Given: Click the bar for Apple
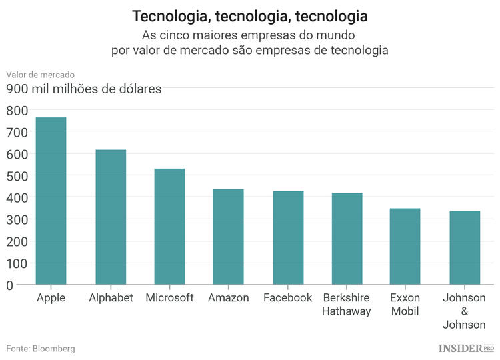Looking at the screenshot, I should click(51, 201).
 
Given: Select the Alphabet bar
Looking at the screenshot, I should click(111, 217).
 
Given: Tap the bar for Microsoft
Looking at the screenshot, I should click(169, 227).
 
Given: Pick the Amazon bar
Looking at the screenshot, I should click(228, 237).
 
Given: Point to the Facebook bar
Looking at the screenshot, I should click(288, 238).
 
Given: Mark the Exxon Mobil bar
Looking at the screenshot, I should click(405, 247).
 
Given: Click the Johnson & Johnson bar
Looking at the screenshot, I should click(465, 248).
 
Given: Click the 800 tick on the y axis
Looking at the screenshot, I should click(18, 110).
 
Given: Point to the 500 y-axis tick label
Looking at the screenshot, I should click(18, 176).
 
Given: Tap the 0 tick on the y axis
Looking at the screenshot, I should click(9, 285).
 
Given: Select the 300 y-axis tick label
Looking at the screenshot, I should click(18, 219).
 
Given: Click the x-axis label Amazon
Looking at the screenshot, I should click(228, 298).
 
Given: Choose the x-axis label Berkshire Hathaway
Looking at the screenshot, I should click(347, 305).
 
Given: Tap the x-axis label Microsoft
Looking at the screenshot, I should click(169, 298).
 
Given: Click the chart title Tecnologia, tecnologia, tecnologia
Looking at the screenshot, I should click(249, 15).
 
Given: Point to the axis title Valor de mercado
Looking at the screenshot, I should click(41, 75).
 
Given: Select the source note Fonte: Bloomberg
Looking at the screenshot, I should click(41, 349).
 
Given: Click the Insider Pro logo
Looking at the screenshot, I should click(466, 348).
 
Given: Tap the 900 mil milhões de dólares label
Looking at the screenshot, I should click(84, 89).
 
